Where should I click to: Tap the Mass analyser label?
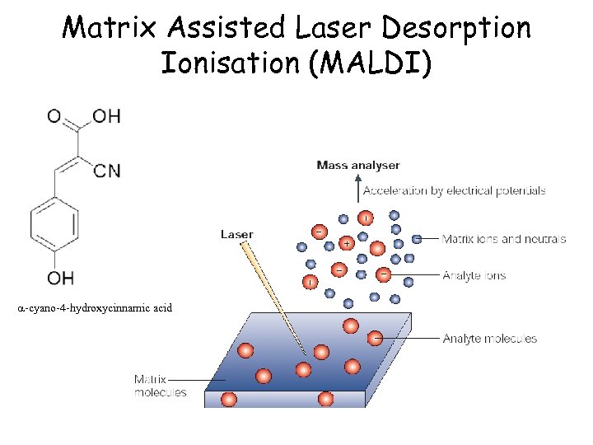point(358,166)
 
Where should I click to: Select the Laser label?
point(237,235)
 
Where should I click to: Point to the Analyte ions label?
point(474,275)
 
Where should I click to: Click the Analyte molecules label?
point(489,338)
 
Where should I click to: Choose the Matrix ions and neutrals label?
point(503,239)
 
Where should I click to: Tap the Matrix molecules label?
point(161,386)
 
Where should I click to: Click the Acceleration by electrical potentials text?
point(454,190)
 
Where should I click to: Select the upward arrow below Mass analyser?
point(359,187)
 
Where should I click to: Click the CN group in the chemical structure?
point(107,171)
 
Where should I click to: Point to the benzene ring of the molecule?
point(54,222)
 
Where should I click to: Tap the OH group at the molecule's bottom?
point(60,278)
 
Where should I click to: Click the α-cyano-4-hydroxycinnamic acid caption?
point(95,307)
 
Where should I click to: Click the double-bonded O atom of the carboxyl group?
point(54,115)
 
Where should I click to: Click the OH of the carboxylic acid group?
point(106,115)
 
